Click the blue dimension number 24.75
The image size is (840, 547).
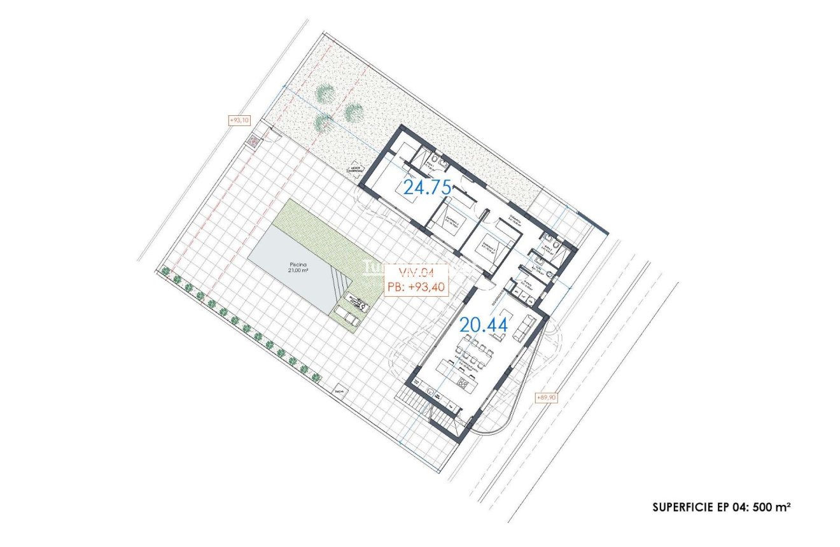point(427,187)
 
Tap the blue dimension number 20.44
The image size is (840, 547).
point(484,325)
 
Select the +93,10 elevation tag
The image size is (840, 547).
point(240,120)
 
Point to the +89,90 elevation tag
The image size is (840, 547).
point(547,397)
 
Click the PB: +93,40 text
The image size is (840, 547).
point(417,287)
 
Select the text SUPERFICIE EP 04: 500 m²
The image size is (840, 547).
point(722,508)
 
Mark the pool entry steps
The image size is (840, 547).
point(340,280)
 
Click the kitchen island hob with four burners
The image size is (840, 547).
point(463,383)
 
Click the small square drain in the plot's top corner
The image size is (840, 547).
point(254,140)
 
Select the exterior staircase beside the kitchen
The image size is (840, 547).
point(416,401)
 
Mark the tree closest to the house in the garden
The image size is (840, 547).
point(353,112)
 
